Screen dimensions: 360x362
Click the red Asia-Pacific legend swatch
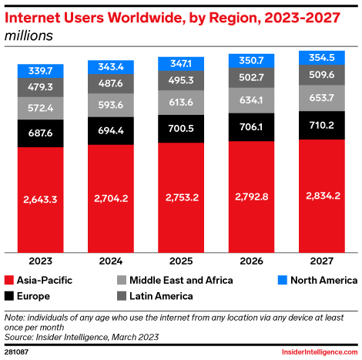(10, 280)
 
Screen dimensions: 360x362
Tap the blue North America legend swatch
(282, 280)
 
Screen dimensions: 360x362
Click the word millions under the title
(29, 35)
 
